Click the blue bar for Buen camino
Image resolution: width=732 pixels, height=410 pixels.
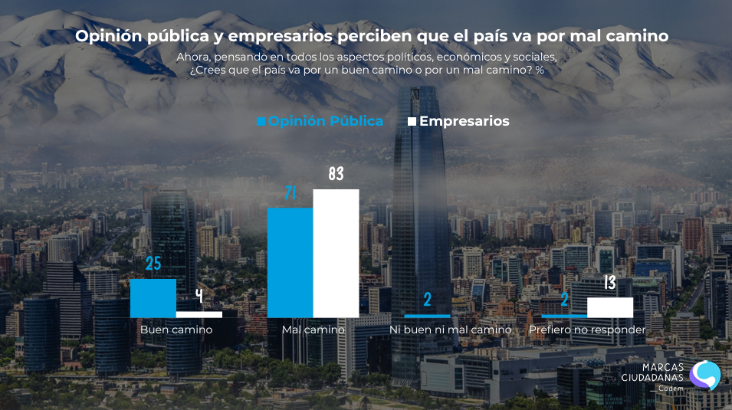[153, 298]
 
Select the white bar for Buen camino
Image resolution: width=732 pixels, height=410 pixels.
[199, 314]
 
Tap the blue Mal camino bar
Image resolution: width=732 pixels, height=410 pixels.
[290, 262]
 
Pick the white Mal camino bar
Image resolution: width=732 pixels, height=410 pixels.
[336, 253]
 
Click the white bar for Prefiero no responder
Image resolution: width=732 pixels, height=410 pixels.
[610, 307]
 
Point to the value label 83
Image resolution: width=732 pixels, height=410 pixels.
[336, 175]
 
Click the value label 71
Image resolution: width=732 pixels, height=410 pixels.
[290, 194]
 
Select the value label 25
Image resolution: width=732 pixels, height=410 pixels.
[153, 264]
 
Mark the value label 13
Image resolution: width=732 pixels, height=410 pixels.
[610, 283]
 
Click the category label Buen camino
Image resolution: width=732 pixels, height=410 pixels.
[176, 330]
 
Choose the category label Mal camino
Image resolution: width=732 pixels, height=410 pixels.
[313, 330]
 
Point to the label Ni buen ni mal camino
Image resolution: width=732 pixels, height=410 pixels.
[450, 330]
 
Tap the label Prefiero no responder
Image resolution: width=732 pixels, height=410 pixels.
[587, 330]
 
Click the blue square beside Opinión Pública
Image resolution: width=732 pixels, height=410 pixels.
[261, 122]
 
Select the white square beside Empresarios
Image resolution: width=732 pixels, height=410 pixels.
[412, 122]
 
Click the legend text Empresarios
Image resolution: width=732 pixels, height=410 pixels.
[464, 121]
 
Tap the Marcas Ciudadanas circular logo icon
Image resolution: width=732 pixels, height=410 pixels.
[704, 375]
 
